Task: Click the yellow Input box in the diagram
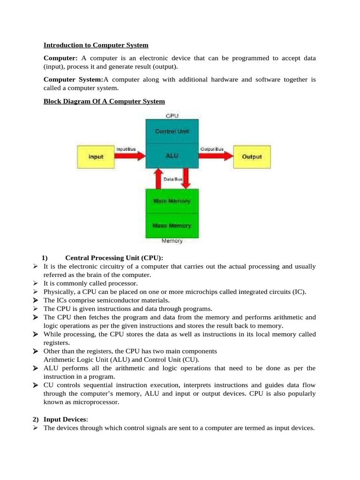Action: tap(96, 157)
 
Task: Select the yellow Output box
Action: tap(252, 157)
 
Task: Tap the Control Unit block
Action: tap(172, 131)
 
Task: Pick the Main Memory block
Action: tap(172, 201)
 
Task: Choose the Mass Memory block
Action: tap(172, 225)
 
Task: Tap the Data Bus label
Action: tap(172, 179)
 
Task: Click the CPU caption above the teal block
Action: tap(172, 115)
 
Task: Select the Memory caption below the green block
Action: tap(172, 241)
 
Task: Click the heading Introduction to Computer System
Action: tap(96, 45)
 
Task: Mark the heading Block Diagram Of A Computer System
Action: tap(104, 101)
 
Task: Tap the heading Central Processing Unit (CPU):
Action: tap(114, 258)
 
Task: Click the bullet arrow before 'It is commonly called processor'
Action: tap(36, 284)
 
